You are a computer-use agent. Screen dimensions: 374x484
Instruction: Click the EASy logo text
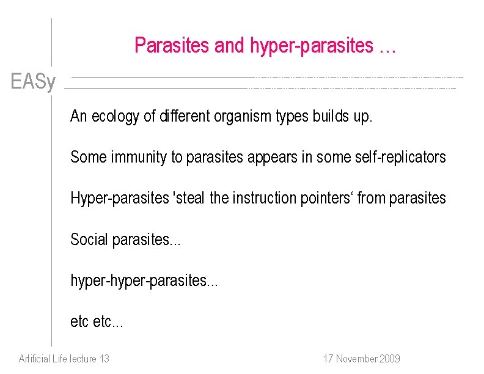[x=33, y=81]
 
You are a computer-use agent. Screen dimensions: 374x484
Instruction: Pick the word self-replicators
[x=400, y=157]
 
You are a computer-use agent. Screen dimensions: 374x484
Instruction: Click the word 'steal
[x=189, y=198]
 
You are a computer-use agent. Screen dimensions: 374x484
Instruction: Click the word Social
[x=89, y=240]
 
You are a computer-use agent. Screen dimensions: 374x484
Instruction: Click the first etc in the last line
[x=79, y=321]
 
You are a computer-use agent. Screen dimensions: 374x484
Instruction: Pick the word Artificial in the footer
[x=35, y=359]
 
